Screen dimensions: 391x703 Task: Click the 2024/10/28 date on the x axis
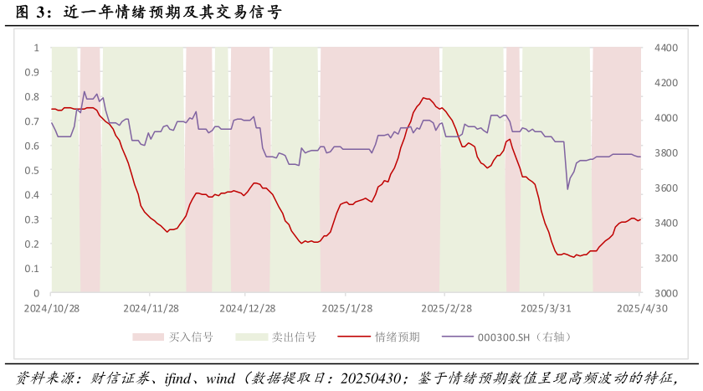click(x=51, y=308)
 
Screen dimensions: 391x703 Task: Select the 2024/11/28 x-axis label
click(x=150, y=308)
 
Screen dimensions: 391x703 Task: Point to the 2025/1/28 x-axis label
click(x=346, y=308)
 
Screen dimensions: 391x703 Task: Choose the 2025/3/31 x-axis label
click(x=544, y=308)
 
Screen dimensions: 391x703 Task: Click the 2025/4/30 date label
click(x=640, y=308)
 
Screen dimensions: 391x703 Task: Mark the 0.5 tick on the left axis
click(x=34, y=170)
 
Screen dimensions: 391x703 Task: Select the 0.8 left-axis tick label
click(x=34, y=96)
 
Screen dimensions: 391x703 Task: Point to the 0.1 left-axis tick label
click(x=34, y=268)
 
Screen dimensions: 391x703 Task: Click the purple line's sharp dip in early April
click(x=567, y=188)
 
